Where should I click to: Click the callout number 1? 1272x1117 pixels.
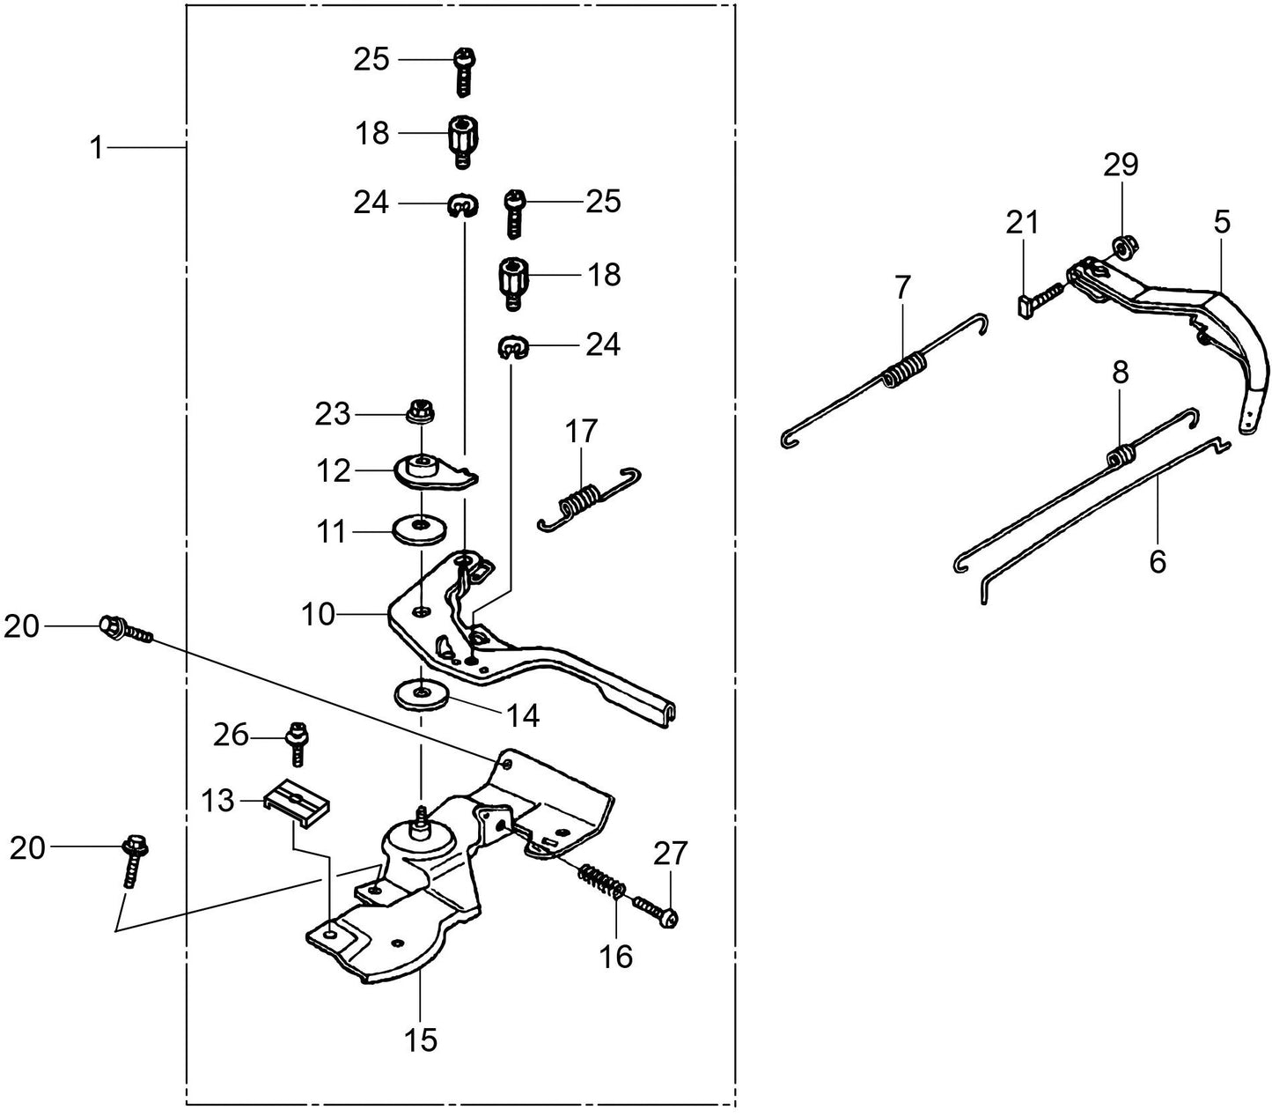pyautogui.click(x=97, y=147)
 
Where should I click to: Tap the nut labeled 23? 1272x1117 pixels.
pyautogui.click(x=421, y=411)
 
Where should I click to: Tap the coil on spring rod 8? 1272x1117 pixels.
pyautogui.click(x=1120, y=455)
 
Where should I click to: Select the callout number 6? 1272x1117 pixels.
pyautogui.click(x=1158, y=560)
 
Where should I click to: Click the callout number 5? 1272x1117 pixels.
pyautogui.click(x=1222, y=221)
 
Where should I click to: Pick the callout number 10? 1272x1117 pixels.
pyautogui.click(x=318, y=614)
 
